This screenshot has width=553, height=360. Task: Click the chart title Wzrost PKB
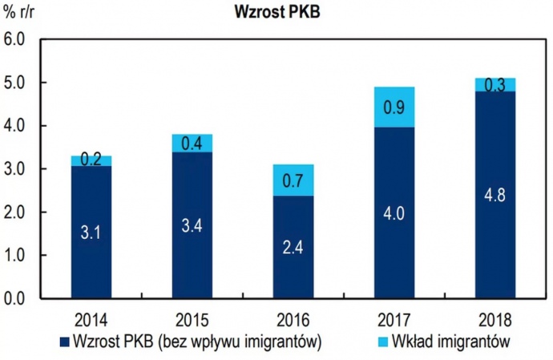point(276,14)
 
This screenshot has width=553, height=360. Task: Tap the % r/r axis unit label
point(22,14)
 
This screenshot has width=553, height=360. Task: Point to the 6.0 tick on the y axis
point(16,39)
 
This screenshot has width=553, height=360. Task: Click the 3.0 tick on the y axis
point(16,169)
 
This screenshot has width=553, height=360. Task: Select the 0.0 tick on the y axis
point(16,299)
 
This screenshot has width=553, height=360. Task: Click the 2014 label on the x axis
point(91,316)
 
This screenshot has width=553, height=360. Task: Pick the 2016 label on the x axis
point(293,316)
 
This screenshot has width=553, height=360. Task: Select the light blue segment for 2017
point(394,107)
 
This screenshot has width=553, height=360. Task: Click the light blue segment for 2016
point(293,180)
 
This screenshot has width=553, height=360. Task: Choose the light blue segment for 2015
point(192,143)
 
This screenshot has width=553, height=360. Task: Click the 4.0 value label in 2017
point(394,213)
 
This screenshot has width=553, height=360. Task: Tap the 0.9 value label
point(394,106)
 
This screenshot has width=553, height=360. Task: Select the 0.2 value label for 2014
point(92,160)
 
